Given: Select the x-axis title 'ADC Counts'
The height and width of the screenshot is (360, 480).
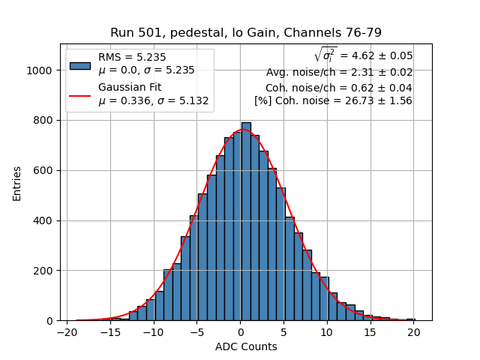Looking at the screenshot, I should pos(246,346).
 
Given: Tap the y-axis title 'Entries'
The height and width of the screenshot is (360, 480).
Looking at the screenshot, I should pos(16,183).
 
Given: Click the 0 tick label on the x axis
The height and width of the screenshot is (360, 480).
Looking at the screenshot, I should pos(241,332).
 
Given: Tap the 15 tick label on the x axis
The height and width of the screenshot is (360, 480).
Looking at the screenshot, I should pos(370,332).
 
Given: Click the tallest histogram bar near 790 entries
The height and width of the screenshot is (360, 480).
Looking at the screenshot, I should pos(246,221).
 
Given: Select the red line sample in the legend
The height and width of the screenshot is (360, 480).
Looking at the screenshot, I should pos(79,95).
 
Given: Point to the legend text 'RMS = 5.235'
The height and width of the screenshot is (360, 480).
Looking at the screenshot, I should pos(132,57).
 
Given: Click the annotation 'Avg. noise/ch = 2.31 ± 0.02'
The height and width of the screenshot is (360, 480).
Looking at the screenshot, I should pos(339,73).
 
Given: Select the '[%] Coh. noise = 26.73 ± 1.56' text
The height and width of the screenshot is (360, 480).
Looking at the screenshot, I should pos(333,100).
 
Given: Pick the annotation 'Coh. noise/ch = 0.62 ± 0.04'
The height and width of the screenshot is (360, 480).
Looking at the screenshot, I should pos(338,87).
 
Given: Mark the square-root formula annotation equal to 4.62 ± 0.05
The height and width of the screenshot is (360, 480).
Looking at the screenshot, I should pos(363,55).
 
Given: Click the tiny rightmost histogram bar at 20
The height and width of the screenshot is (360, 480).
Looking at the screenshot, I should pos(410,319).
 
